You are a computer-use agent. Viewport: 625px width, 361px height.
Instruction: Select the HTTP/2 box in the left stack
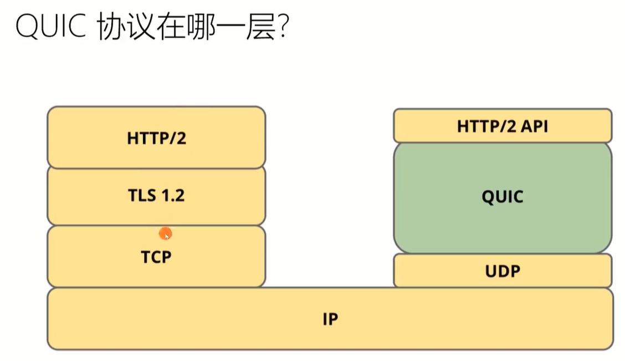(156, 137)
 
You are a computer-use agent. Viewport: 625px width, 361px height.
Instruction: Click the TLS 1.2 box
(156, 195)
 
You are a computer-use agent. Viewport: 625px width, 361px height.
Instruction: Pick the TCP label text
(156, 257)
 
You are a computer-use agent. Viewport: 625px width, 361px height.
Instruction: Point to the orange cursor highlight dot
(165, 234)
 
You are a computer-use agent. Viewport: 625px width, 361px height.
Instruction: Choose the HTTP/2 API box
(503, 126)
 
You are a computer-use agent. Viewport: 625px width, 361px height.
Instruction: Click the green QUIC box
(503, 197)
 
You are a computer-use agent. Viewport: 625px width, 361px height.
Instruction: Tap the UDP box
(503, 271)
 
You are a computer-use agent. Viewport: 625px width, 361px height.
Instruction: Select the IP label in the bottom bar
(330, 319)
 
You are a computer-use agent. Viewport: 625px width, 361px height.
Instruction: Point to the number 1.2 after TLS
(172, 195)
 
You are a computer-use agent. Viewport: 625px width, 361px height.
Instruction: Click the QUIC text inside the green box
(503, 197)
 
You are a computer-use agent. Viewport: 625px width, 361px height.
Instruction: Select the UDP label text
(503, 271)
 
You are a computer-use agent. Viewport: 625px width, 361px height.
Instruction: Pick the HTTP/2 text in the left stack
(156, 139)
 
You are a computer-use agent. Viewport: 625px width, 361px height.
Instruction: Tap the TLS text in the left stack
(142, 195)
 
